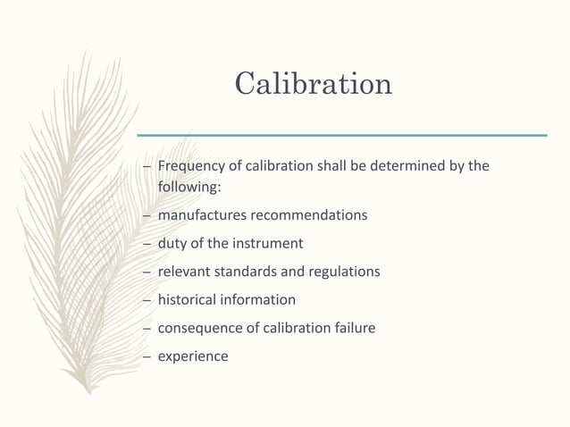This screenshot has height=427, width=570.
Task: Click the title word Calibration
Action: (x=313, y=83)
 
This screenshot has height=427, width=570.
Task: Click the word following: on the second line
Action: (x=182, y=188)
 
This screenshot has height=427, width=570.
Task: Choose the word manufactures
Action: (x=201, y=216)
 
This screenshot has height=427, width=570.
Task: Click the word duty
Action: (x=172, y=244)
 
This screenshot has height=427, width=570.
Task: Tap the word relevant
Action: (x=184, y=272)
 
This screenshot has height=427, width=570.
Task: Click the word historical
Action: (x=188, y=299)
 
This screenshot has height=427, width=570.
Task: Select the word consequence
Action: (x=198, y=328)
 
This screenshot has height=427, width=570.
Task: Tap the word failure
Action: (x=352, y=328)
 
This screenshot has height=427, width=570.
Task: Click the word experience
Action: (x=192, y=356)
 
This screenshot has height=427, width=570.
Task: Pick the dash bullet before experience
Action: (x=147, y=356)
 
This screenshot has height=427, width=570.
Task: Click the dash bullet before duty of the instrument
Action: (x=147, y=244)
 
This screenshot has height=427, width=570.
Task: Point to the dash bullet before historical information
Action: (x=147, y=299)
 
